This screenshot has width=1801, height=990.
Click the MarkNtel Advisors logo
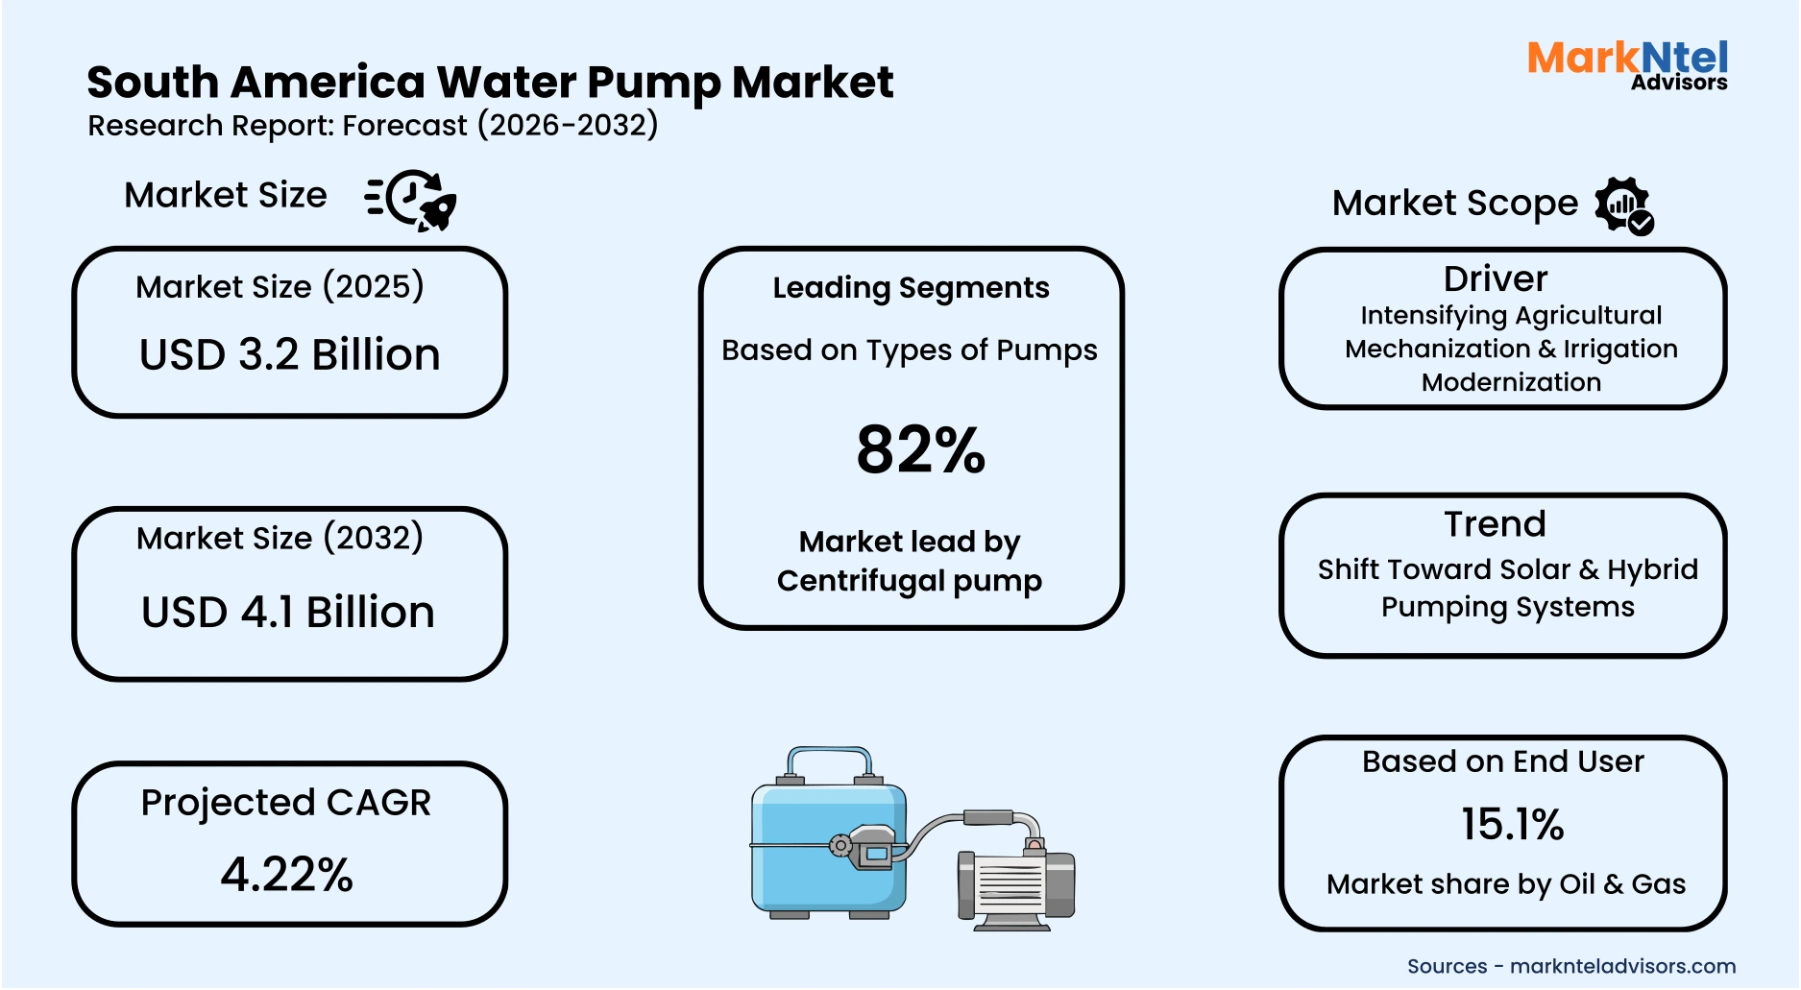point(1627,64)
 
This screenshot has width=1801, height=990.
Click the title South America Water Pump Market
point(490,83)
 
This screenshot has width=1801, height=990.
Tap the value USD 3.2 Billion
point(289,354)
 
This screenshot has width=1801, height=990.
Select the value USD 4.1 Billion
point(288,613)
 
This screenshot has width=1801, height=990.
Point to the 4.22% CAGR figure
point(287,874)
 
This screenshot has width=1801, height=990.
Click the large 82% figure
point(920,449)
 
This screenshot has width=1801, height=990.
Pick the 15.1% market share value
point(1512,824)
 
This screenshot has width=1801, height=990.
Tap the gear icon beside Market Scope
point(1623,205)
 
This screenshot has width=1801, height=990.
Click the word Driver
point(1496,278)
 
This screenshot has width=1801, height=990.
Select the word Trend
point(1496,524)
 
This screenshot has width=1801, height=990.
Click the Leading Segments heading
point(911,287)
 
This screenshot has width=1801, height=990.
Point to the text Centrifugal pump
point(909,581)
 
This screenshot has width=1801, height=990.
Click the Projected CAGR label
point(286,803)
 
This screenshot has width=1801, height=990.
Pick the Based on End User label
point(1502,761)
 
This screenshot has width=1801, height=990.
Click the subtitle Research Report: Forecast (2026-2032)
point(373,126)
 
